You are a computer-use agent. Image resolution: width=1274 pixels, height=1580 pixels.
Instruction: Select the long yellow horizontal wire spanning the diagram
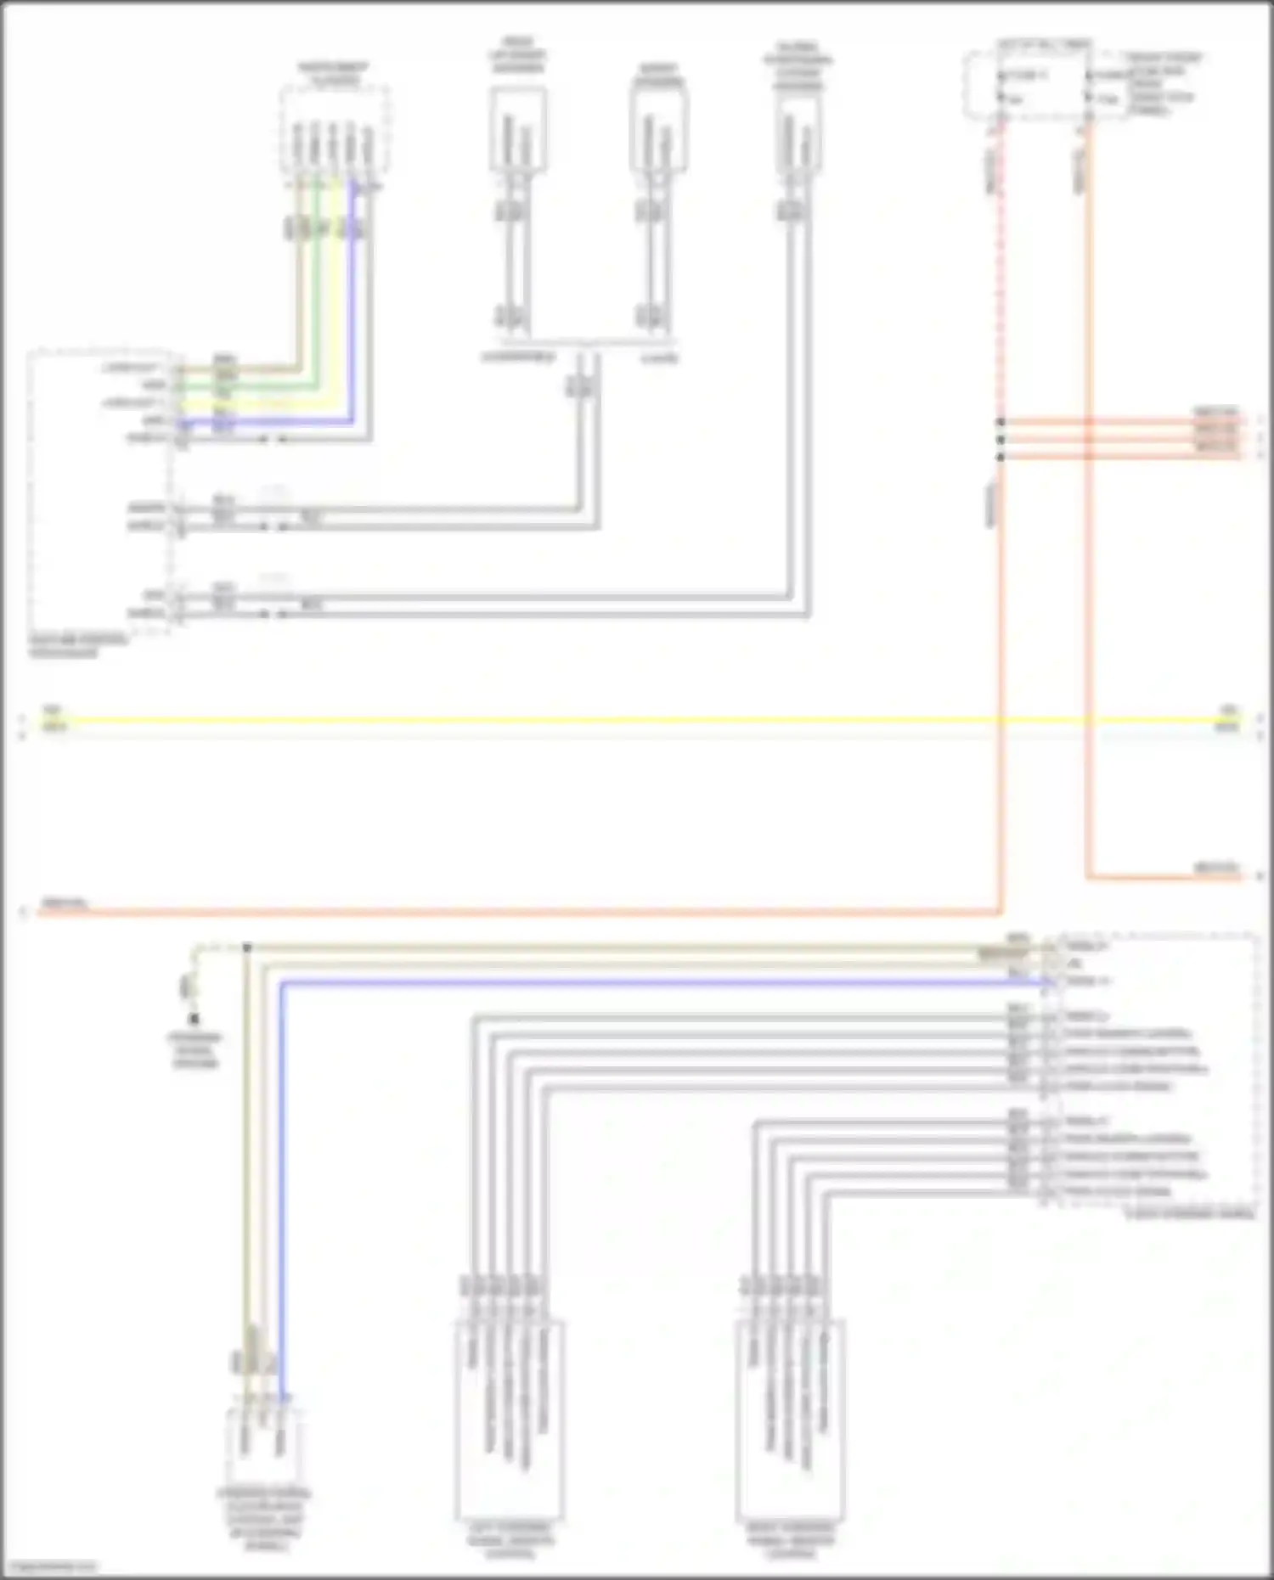(595, 721)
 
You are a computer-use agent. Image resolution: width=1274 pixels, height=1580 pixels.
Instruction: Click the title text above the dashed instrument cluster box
(333, 75)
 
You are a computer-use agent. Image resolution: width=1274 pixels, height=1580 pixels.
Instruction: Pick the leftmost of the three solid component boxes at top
(517, 129)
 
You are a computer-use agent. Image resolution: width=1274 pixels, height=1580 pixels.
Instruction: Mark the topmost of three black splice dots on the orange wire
(1001, 422)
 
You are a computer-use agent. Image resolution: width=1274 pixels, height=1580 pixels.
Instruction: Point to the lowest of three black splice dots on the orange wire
(1001, 457)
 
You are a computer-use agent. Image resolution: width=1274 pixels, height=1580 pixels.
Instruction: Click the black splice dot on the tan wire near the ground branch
(247, 947)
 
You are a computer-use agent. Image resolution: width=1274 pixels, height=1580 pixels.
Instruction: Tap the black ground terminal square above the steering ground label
(194, 1018)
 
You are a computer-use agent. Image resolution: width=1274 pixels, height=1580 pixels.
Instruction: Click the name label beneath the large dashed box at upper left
(78, 645)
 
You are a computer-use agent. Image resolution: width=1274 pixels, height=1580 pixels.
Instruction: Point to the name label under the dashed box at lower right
(1189, 1214)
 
